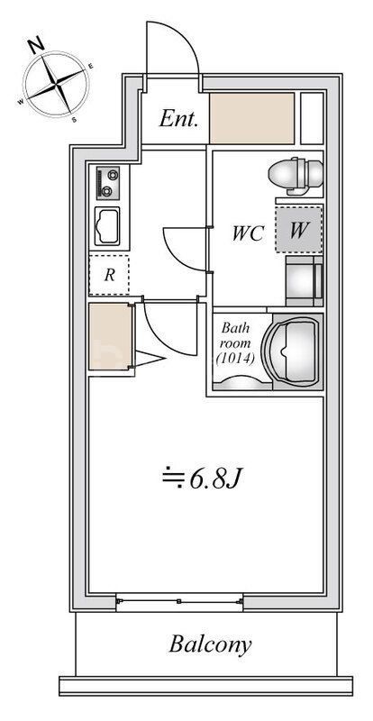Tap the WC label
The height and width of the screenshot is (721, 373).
tap(248, 233)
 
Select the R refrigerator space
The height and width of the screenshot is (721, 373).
tap(109, 276)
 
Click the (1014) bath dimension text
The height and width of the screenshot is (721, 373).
tap(234, 358)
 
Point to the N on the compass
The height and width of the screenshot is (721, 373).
tap(36, 44)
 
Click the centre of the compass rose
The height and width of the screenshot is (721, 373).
tap(57, 85)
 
